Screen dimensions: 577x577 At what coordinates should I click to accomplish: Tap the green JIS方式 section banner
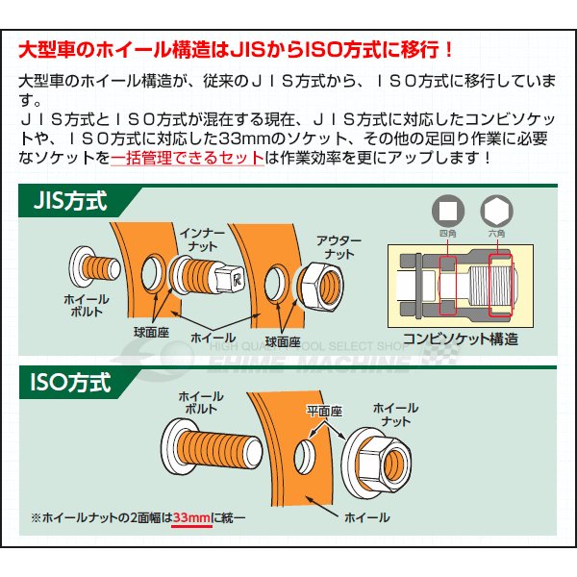coord(71,203)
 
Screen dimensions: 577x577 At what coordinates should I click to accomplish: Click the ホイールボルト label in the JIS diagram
coord(87,306)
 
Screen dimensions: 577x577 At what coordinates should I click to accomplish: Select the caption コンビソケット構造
coord(461,339)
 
